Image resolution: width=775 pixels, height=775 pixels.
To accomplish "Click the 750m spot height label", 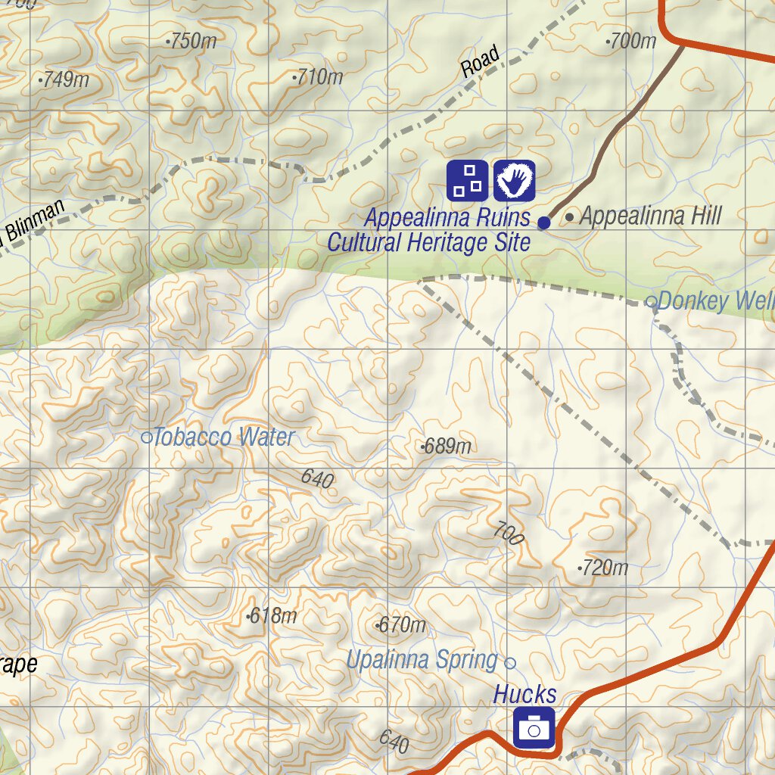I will [193, 41].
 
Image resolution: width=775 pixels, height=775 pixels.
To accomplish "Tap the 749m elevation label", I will [65, 79].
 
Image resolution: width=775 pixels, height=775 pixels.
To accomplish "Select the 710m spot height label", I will [319, 76].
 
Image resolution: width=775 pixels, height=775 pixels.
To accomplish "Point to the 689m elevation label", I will [447, 447].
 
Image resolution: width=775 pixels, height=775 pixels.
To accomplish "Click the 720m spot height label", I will [604, 567].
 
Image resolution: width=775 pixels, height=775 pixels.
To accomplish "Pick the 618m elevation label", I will [272, 616].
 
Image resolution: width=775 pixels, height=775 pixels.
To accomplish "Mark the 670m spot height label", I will [402, 625].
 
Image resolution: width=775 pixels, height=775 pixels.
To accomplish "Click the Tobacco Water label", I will [223, 437].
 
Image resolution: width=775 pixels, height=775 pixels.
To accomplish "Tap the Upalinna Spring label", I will [422, 660].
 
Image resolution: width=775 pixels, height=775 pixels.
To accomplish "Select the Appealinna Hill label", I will [650, 216].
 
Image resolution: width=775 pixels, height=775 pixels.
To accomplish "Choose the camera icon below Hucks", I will [534, 728].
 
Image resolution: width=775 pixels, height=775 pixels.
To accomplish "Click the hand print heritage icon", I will [515, 180].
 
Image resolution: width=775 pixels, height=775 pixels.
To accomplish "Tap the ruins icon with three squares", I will [467, 180].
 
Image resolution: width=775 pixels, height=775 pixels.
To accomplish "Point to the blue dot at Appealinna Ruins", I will [543, 223].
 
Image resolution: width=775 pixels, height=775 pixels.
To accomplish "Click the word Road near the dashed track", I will [481, 61].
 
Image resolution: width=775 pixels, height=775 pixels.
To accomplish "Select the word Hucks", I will [525, 694].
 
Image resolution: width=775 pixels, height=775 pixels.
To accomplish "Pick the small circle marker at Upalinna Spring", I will [510, 663].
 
